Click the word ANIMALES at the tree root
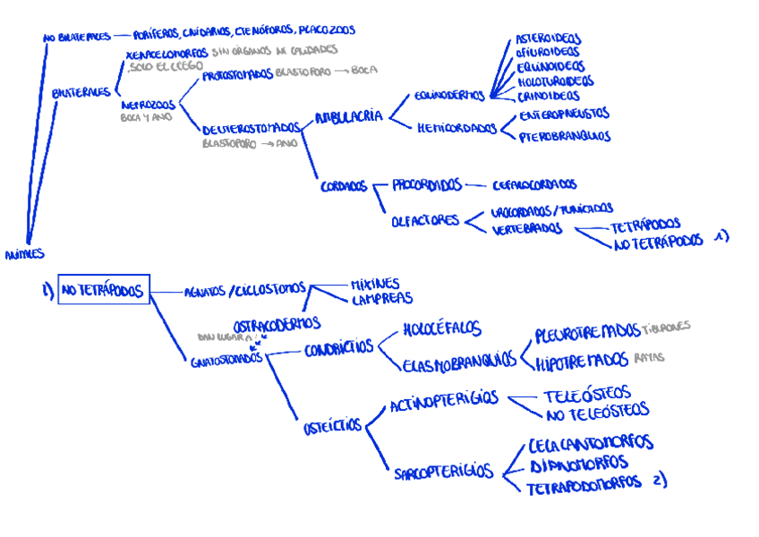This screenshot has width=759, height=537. tap(23, 254)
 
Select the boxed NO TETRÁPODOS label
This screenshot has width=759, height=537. tap(104, 290)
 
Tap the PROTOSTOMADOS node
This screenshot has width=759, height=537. tap(236, 75)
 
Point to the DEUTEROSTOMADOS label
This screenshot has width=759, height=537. tap(251, 128)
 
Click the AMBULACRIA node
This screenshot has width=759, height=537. tap(348, 116)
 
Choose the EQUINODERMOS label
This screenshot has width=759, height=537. tap(450, 95)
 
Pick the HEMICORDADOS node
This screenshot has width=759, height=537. tap(456, 128)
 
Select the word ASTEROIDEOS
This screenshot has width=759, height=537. tap(547, 39)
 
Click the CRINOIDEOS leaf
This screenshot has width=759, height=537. tap(548, 96)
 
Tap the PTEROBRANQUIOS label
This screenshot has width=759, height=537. tap(565, 137)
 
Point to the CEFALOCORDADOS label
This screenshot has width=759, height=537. tap(534, 185)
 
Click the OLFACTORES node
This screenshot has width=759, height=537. tap(425, 220)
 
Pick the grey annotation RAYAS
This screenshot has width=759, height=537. tap(650, 357)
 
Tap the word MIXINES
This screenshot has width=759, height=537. tap(375, 283)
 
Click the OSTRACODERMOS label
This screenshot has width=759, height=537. tap(277, 322)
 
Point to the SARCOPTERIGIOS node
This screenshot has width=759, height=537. tap(443, 472)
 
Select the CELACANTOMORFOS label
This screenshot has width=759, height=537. tap(590, 443)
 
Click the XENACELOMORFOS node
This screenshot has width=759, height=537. tap(167, 54)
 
